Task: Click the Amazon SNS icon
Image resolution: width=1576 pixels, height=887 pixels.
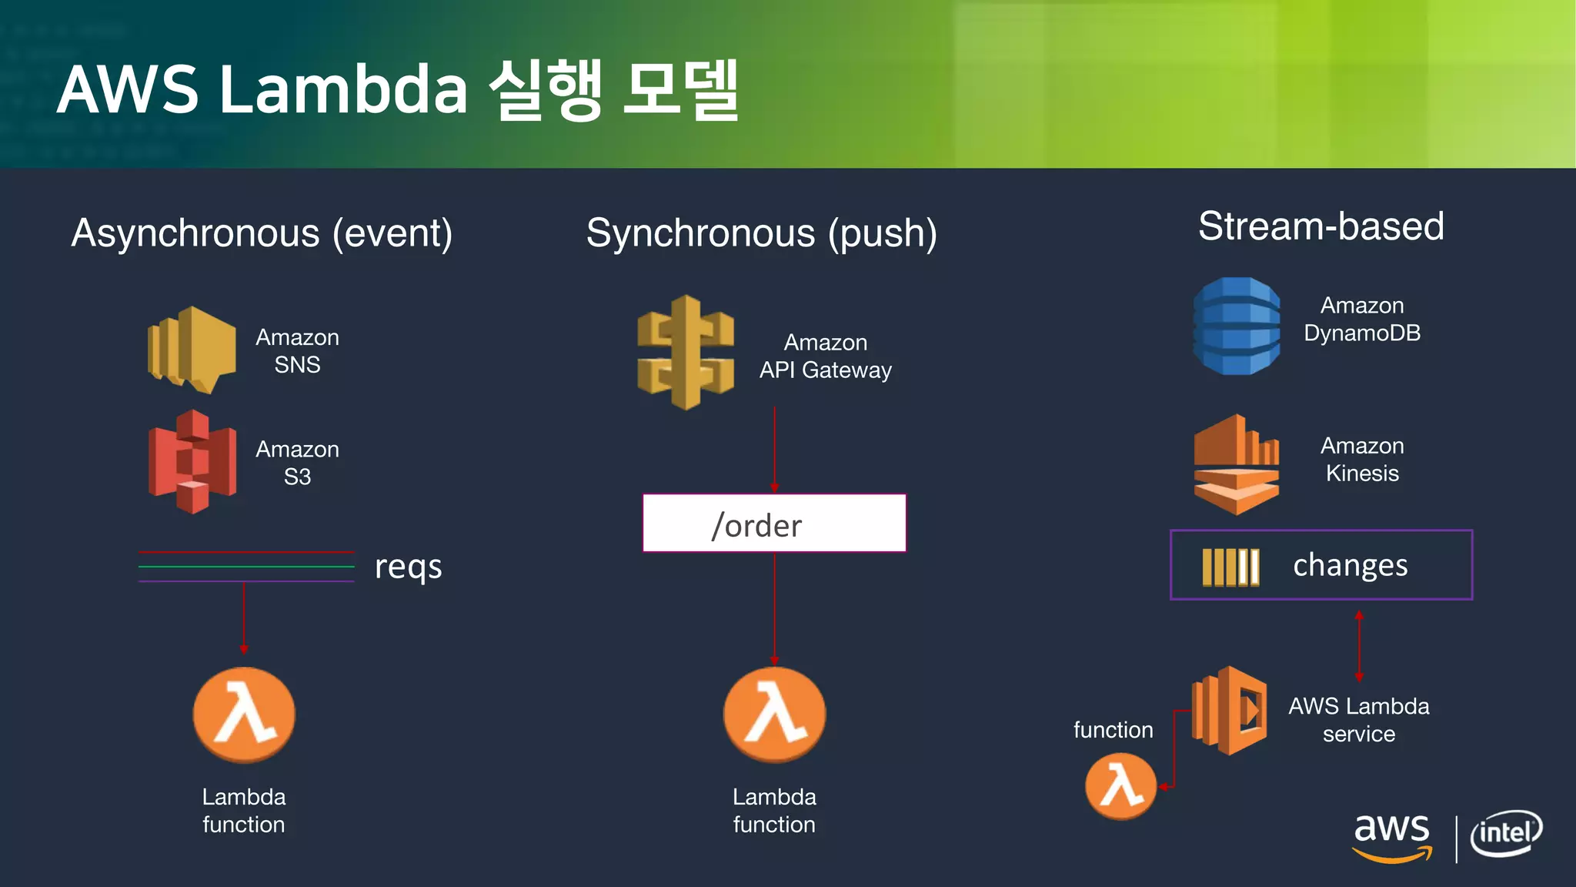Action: coord(192,350)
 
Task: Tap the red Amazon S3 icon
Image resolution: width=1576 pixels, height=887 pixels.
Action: coord(192,462)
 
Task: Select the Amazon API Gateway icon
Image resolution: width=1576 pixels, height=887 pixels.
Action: coord(685,353)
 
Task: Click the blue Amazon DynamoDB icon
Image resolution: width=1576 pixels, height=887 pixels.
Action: coord(1237,326)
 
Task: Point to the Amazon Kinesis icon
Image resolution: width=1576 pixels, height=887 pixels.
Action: coord(1236,464)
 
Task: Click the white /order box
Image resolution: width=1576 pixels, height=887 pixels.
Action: coord(774,524)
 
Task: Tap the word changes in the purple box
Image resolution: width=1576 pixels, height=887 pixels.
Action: coord(1350,565)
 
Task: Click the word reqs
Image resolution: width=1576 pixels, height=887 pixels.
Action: coord(408,567)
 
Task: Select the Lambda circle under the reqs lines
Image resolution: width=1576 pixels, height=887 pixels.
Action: coord(244,715)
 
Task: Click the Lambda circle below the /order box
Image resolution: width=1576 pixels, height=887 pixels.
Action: coord(774,715)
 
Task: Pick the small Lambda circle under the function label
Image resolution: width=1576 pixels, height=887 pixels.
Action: coord(1120,786)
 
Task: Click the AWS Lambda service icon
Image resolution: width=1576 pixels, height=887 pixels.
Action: coord(1230,710)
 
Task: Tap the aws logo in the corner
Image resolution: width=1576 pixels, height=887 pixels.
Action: coord(1391,836)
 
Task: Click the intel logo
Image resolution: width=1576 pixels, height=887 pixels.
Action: coord(1506,833)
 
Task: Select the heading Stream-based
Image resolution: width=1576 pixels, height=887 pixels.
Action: coord(1321,226)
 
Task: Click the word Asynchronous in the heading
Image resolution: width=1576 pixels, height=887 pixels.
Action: coord(195,233)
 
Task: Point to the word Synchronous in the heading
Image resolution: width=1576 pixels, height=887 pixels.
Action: coord(700,233)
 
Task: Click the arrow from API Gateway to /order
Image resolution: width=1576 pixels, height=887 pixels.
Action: coord(774,450)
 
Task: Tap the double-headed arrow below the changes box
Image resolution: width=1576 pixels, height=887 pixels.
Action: coord(1359,645)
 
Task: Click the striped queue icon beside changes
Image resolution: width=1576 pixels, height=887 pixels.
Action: coord(1230,567)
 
